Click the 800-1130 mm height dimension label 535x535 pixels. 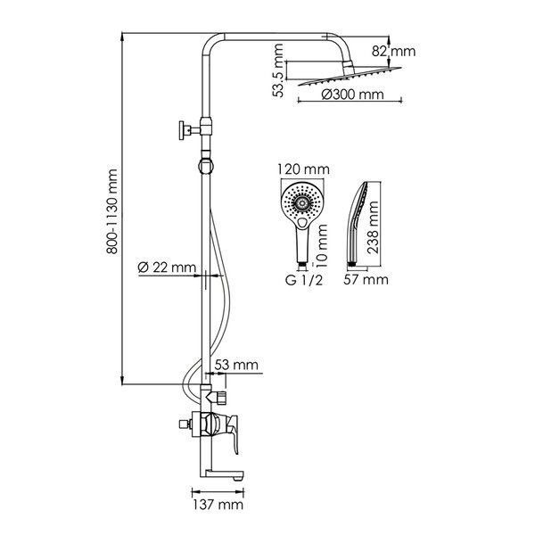click(112, 211)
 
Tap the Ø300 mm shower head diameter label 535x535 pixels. click(352, 95)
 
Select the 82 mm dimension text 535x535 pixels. click(394, 51)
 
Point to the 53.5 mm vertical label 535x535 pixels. click(279, 70)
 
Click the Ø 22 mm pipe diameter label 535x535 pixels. click(167, 267)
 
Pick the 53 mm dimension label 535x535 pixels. click(236, 365)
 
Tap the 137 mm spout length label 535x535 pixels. click(218, 505)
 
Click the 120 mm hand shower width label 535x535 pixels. click(303, 169)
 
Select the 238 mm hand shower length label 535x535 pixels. click(373, 227)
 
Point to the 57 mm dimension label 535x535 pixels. click(366, 279)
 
